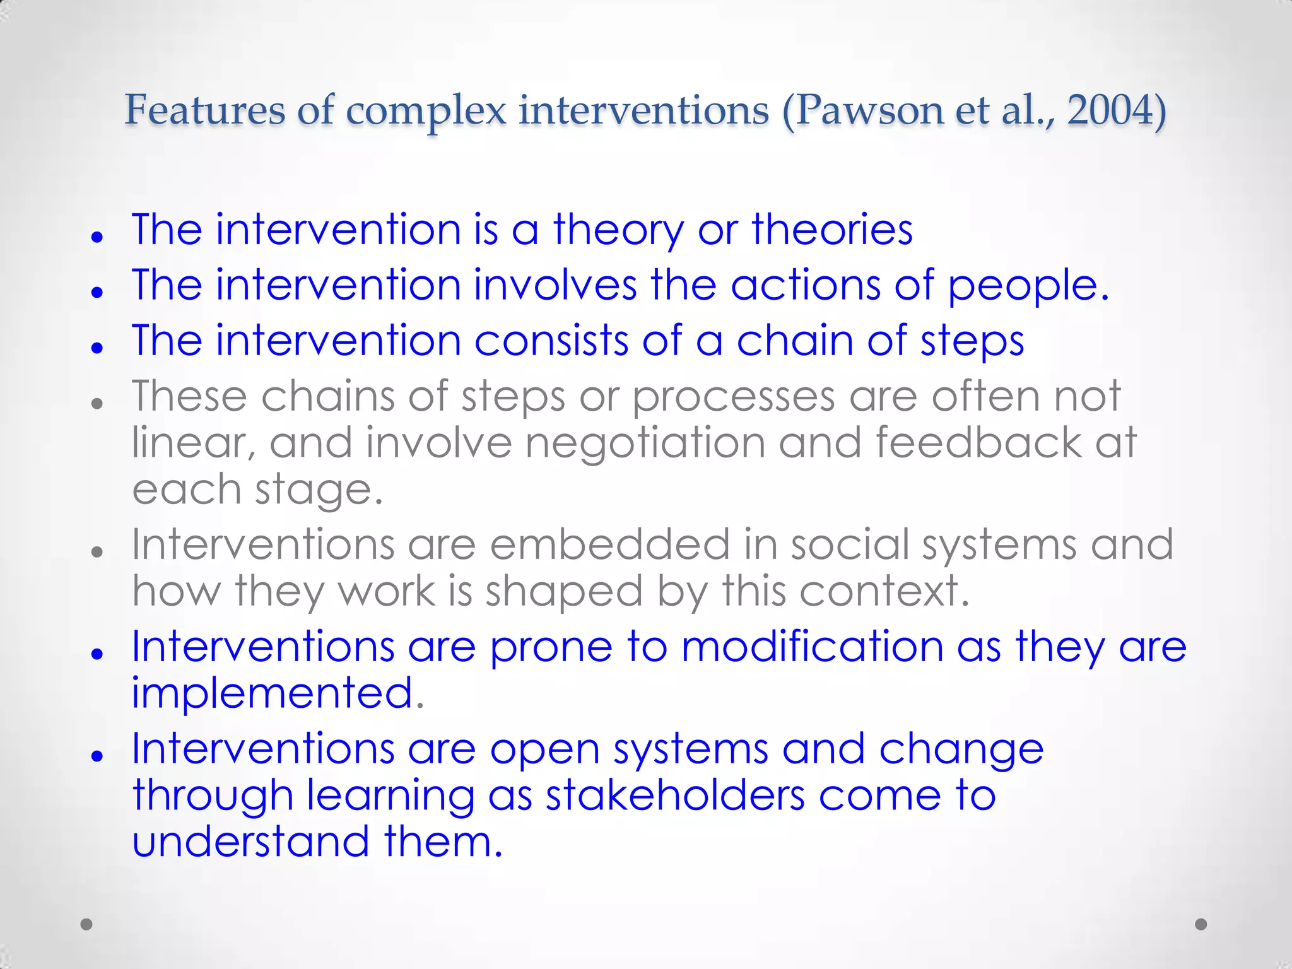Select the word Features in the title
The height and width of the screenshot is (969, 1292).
click(x=204, y=110)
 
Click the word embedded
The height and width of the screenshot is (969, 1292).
click(x=609, y=544)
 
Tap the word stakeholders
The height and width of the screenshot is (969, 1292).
click(x=675, y=795)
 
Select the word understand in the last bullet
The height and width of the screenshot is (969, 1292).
click(x=250, y=842)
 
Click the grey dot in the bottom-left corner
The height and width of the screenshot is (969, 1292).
click(x=87, y=924)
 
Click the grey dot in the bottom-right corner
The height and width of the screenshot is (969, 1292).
click(x=1201, y=924)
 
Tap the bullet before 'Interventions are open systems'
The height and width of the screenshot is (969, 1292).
click(x=97, y=755)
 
